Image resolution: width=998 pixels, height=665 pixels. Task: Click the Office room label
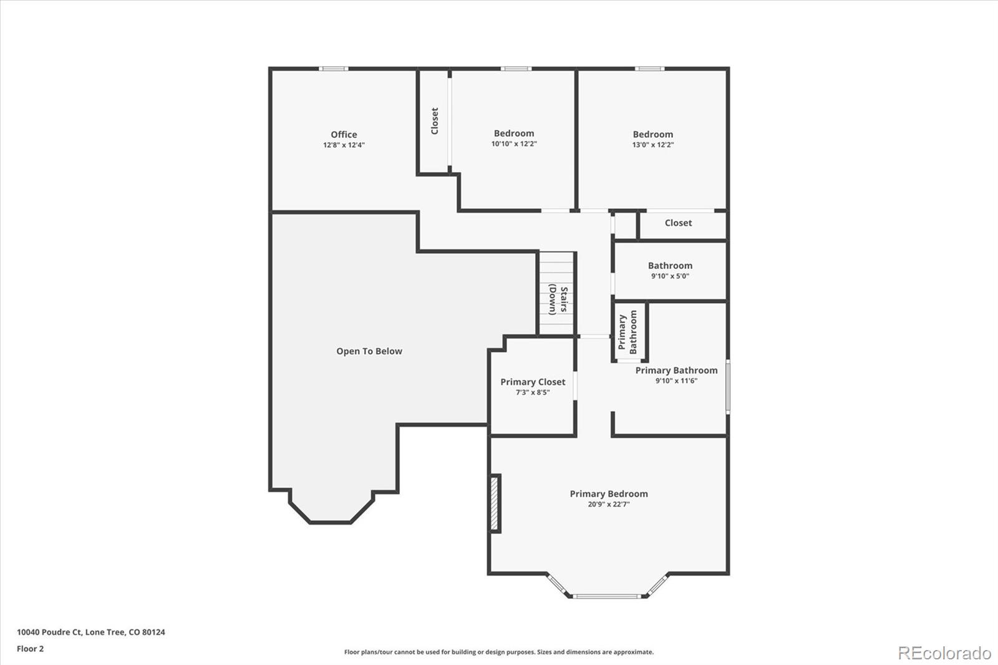tap(344, 134)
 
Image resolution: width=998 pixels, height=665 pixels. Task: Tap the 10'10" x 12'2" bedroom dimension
tap(514, 144)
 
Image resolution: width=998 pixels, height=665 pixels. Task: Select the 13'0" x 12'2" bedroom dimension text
tap(653, 145)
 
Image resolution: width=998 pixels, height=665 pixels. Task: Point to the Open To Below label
tap(369, 351)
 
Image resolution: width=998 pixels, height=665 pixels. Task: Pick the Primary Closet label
tap(533, 382)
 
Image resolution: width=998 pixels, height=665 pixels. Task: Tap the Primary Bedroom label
tap(609, 493)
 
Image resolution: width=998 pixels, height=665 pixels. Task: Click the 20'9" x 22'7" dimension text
tap(609, 504)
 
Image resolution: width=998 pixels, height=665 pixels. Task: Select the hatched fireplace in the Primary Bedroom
tap(495, 503)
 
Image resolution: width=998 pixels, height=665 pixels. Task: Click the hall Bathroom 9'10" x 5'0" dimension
tap(670, 276)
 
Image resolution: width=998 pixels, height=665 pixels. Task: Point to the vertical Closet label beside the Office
tap(435, 121)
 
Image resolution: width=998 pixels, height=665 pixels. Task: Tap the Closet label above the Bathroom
tap(678, 223)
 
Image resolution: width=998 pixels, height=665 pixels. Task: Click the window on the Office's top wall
tap(333, 69)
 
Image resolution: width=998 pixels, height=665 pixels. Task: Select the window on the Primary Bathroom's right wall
tap(727, 387)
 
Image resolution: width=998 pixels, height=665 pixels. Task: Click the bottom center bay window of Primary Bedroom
tap(608, 596)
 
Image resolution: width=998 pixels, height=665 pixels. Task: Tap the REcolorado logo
tap(944, 653)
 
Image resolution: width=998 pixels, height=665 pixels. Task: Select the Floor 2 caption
tap(30, 649)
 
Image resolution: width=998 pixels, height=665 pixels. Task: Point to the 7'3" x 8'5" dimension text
tap(533, 392)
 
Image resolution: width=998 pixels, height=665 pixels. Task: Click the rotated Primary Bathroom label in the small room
tap(628, 332)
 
